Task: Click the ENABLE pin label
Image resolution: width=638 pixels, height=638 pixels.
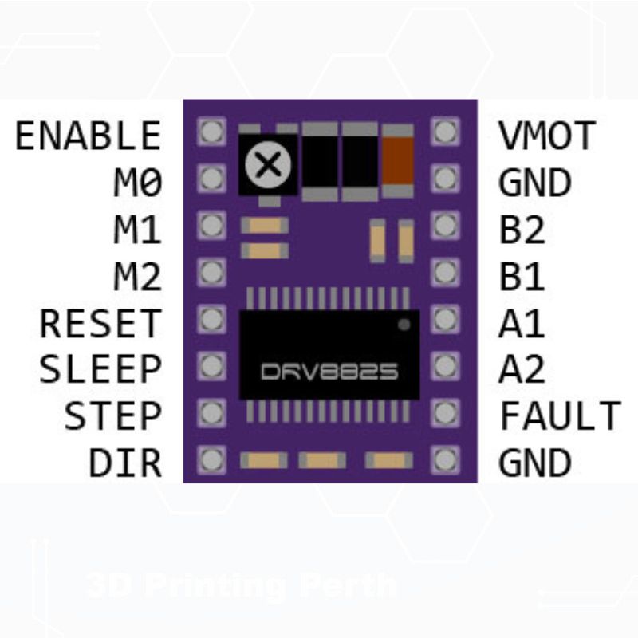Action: point(88,136)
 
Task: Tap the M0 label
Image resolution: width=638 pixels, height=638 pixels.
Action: point(137,183)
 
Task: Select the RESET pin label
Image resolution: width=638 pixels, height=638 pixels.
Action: point(100,324)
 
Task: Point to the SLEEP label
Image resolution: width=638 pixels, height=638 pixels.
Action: point(100,370)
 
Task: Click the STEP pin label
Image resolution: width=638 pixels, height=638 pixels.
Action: point(112,416)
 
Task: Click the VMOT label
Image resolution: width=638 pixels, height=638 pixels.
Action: point(547,136)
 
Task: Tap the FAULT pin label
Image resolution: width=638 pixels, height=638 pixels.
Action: point(560,416)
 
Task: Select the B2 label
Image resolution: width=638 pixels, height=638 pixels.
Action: point(522,230)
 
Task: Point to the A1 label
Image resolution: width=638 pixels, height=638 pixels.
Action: point(522,324)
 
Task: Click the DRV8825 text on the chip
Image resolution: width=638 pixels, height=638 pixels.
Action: point(330,372)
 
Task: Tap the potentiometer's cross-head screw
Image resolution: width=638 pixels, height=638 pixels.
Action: point(268,164)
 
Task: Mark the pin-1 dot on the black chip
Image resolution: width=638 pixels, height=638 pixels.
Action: point(404,325)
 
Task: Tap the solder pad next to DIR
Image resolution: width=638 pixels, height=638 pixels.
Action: point(211,460)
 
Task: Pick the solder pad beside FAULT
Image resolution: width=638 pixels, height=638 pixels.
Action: point(444,413)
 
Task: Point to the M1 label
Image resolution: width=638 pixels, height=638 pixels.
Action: point(137,230)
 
